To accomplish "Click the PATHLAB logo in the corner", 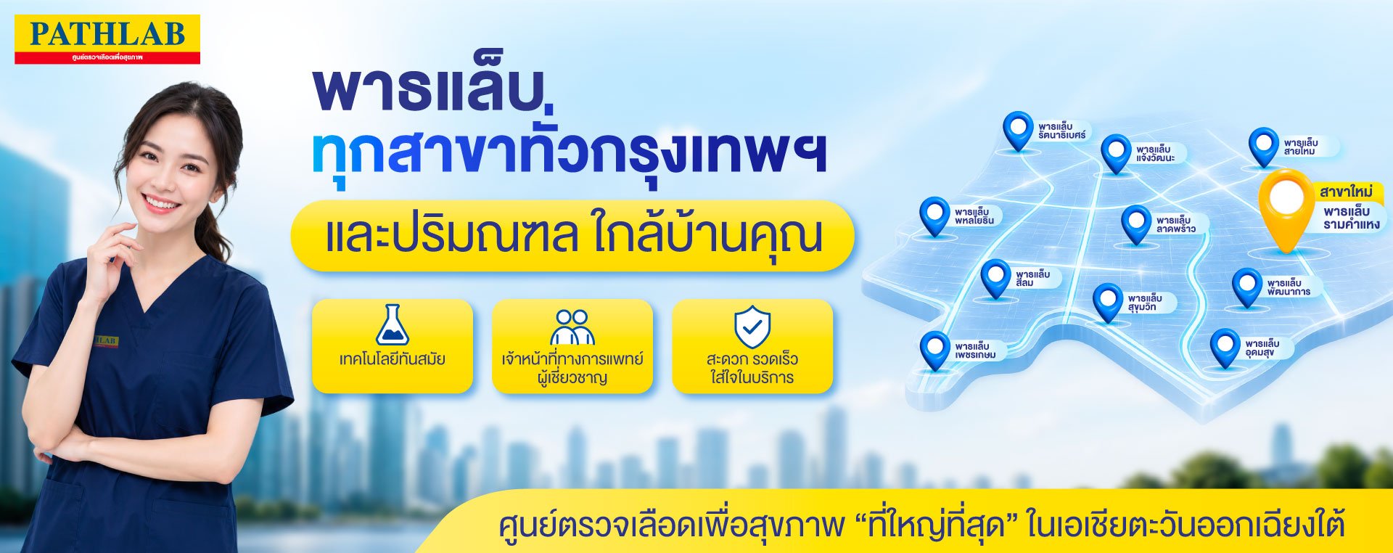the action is pyautogui.click(x=107, y=39).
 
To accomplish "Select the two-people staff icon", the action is pyautogui.click(x=572, y=327).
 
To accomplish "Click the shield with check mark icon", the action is pyautogui.click(x=752, y=327).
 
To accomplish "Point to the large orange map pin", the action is pyautogui.click(x=1286, y=208).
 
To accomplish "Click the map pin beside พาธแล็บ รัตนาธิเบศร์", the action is pyautogui.click(x=1018, y=131).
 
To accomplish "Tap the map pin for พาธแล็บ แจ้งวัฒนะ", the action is pyautogui.click(x=1116, y=153).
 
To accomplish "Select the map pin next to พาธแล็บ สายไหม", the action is pyautogui.click(x=1264, y=147).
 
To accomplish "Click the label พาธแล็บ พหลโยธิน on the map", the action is pyautogui.click(x=974, y=216).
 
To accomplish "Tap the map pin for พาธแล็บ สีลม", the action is pyautogui.click(x=995, y=279).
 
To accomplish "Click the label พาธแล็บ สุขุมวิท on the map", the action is pyautogui.click(x=1145, y=303).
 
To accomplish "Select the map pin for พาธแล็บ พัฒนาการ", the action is pyautogui.click(x=1247, y=287).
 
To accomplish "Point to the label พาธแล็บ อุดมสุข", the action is pyautogui.click(x=1262, y=348).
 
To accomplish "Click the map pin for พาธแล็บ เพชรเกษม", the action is pyautogui.click(x=934, y=351).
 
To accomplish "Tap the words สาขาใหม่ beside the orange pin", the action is pyautogui.click(x=1347, y=192).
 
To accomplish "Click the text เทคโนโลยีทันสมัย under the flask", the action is pyautogui.click(x=393, y=359).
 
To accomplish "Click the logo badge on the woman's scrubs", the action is pyautogui.click(x=105, y=341).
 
